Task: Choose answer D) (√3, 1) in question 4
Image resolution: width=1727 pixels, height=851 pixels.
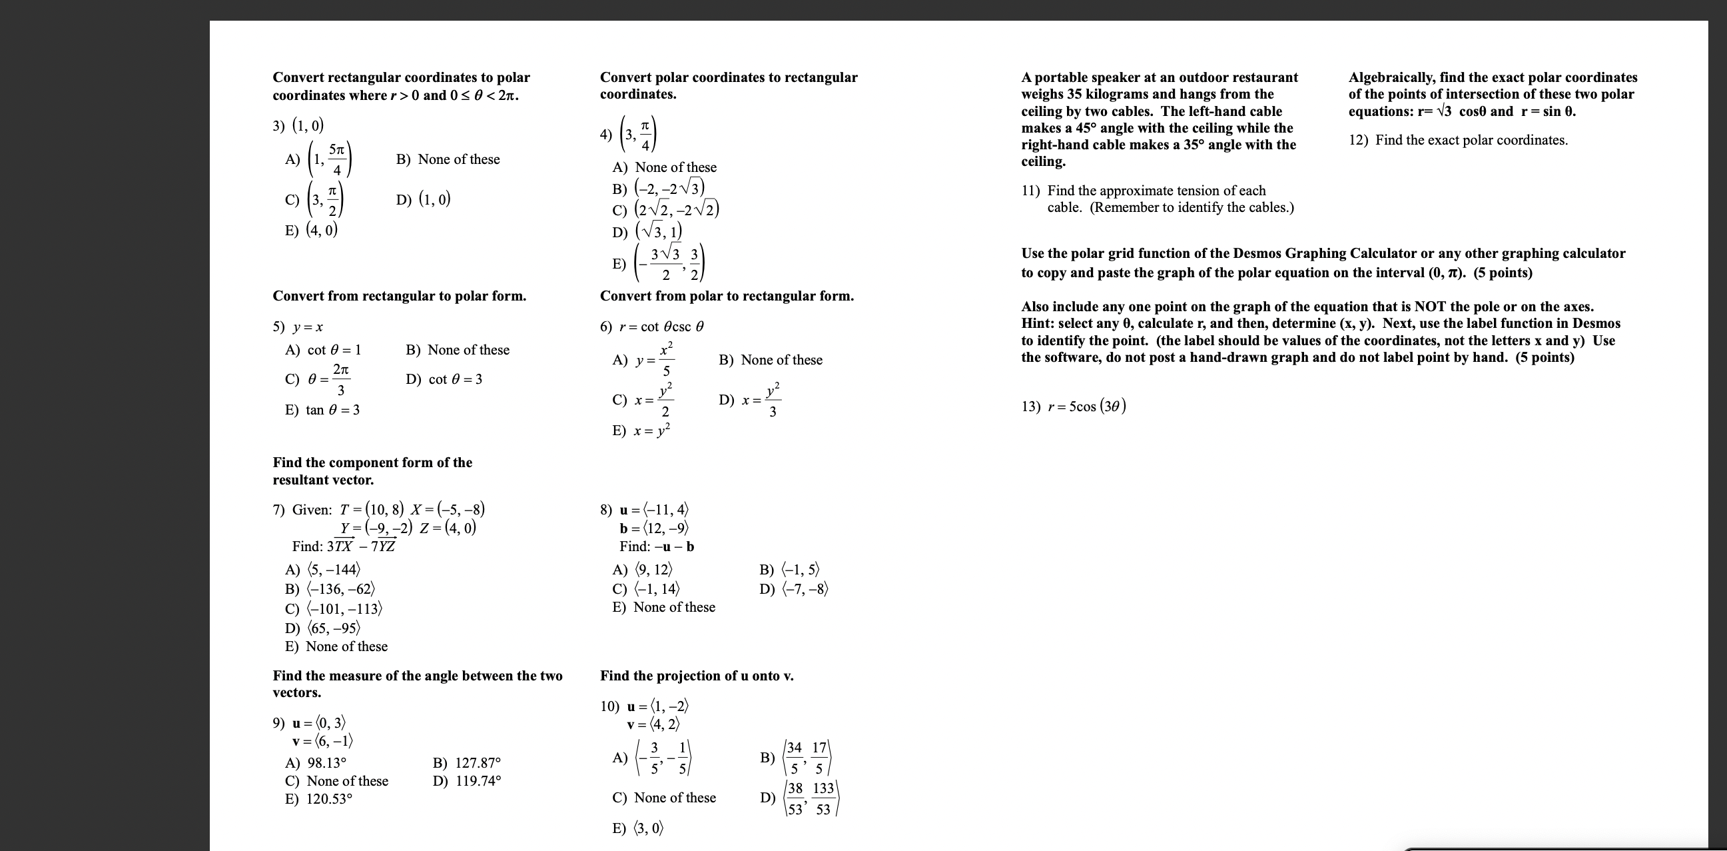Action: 647,232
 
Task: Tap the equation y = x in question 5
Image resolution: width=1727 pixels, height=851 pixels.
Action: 308,327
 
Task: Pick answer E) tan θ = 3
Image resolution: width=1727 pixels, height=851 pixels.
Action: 322,410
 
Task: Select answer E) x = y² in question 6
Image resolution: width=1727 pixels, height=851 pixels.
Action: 641,430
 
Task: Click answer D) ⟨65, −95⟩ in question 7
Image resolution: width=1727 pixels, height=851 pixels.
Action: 323,628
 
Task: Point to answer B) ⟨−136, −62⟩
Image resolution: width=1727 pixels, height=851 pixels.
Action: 330,589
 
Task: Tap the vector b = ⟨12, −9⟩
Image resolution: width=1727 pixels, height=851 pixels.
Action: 654,528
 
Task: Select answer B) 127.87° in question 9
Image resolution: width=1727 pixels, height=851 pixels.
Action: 468,763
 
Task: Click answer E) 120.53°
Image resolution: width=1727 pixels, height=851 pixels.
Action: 319,799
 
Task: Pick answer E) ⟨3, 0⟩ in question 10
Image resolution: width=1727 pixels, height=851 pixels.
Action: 638,828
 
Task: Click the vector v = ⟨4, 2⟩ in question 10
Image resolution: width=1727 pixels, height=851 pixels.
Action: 653,724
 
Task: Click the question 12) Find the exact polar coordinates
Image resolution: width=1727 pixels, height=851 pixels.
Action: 1458,140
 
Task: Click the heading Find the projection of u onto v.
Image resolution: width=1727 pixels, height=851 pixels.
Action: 697,676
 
